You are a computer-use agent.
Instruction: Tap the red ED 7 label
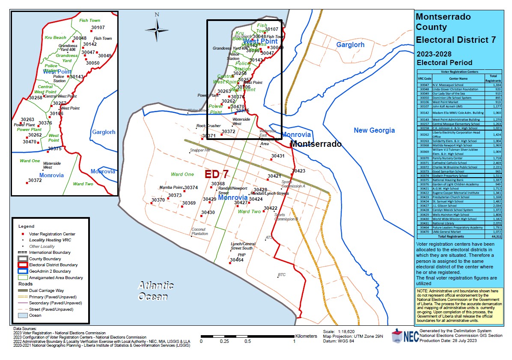(216, 174)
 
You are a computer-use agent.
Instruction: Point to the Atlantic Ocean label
(155, 291)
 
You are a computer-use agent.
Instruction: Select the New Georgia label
(374, 130)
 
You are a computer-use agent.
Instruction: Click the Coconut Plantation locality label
(199, 232)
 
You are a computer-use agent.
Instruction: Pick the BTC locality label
(282, 275)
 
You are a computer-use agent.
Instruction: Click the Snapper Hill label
(200, 151)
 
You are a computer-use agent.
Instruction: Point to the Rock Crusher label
(208, 126)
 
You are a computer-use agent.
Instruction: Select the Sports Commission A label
(293, 184)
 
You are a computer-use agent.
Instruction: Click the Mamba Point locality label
(171, 187)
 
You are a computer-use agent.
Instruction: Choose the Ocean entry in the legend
(35, 315)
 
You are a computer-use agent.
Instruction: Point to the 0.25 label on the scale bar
(224, 341)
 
